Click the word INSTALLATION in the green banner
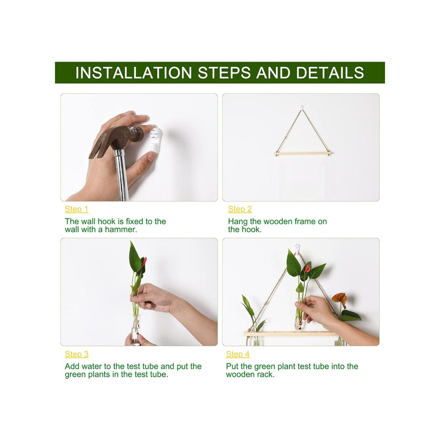133,73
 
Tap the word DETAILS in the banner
330,73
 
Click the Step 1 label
77,209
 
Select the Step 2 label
240,209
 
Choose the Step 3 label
77,354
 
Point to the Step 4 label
238,354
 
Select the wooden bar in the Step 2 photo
302,153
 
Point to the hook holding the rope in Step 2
302,107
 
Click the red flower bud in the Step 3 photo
144,261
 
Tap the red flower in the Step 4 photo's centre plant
307,268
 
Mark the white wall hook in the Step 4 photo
297,248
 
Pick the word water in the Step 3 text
92,366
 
